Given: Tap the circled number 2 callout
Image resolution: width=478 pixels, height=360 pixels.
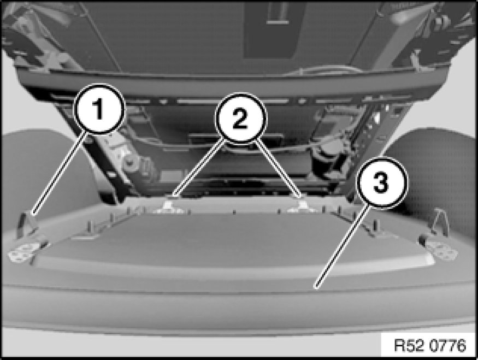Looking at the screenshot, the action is click(241, 119).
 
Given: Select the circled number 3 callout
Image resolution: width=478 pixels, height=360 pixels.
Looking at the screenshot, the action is click(382, 182).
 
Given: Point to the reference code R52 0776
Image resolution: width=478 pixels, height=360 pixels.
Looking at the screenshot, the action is click(430, 345).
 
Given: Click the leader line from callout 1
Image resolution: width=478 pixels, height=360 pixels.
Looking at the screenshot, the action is click(59, 174).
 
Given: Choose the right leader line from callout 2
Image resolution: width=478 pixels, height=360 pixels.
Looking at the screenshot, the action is click(278, 169).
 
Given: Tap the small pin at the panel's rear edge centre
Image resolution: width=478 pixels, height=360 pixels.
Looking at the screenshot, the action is click(234, 211).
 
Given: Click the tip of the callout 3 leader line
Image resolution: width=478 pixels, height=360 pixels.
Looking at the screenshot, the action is click(316, 287).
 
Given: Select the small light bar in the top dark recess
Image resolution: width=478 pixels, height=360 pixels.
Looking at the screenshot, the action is click(278, 22).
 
